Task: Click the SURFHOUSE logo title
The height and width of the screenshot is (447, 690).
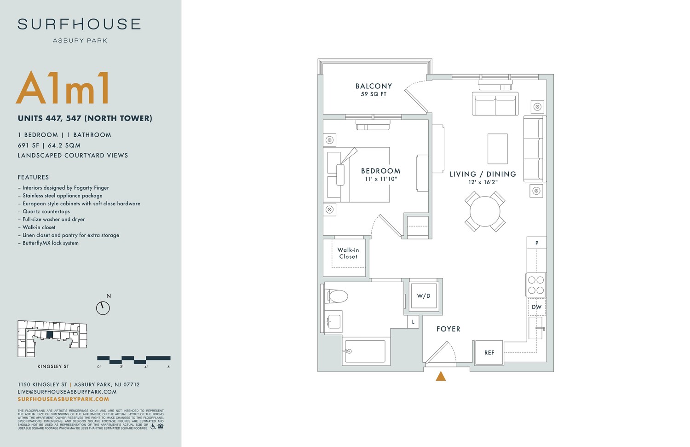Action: [79, 24]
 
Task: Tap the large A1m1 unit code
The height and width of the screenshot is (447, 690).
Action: [63, 88]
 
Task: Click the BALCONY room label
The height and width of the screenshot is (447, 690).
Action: [374, 86]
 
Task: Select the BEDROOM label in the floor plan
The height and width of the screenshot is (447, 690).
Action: [380, 171]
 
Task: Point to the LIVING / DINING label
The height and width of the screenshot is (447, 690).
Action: [483, 174]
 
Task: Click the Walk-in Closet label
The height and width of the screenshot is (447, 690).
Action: [348, 253]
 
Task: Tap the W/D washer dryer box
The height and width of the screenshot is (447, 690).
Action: [424, 296]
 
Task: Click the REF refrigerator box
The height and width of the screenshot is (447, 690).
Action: [489, 353]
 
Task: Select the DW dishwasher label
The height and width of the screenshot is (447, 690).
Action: [536, 307]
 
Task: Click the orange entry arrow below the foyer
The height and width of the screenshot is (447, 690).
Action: [441, 377]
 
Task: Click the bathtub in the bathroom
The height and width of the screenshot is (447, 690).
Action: [365, 351]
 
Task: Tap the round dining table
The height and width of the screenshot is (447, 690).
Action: [485, 211]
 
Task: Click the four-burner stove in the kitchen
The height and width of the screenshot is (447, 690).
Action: [536, 285]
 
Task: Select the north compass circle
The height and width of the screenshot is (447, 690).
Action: [103, 308]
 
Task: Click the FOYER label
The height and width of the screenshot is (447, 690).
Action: [448, 329]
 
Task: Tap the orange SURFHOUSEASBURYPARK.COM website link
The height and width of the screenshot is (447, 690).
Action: [63, 399]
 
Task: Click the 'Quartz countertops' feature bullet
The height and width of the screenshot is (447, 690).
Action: [46, 211]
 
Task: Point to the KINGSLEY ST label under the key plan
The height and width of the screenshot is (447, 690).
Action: [53, 366]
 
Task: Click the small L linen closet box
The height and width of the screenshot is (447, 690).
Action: [413, 322]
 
